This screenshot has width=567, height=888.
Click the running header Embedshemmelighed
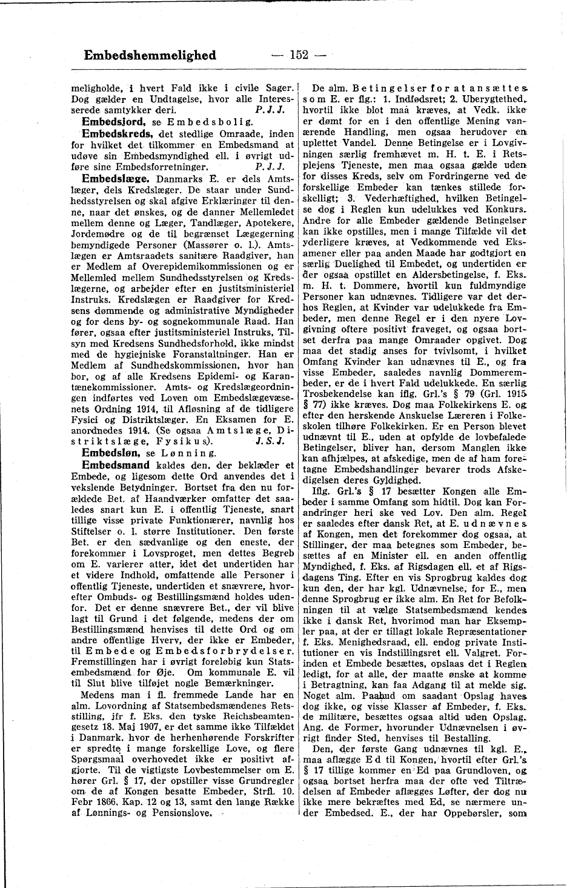click(x=150, y=56)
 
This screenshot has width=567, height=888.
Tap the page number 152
click(x=299, y=56)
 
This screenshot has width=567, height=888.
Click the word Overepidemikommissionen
click(x=185, y=267)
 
